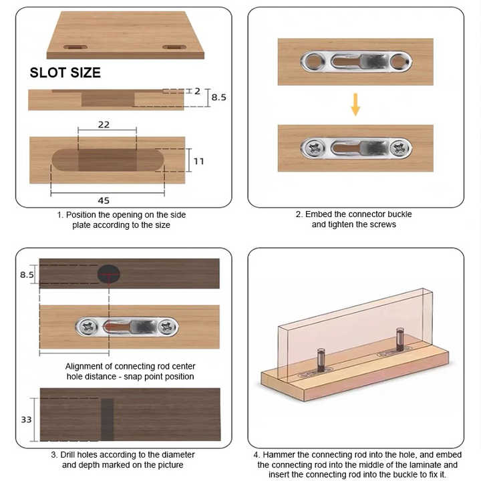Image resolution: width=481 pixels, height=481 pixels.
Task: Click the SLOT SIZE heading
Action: pyautogui.click(x=65, y=73)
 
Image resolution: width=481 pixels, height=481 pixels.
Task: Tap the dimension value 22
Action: pyautogui.click(x=104, y=124)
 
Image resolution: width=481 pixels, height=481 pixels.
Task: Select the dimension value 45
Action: pyautogui.click(x=104, y=200)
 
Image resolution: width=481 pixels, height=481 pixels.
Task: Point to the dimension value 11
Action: pyautogui.click(x=199, y=161)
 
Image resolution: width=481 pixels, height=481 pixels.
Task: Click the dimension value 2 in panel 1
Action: pyautogui.click(x=197, y=90)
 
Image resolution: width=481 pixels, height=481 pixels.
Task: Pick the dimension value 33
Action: pyautogui.click(x=25, y=420)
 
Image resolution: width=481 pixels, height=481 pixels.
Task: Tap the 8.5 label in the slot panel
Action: pyautogui.click(x=218, y=97)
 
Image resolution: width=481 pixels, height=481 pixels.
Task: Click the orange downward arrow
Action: pyautogui.click(x=355, y=104)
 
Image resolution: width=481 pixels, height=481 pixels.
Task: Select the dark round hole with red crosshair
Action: pyautogui.click(x=108, y=274)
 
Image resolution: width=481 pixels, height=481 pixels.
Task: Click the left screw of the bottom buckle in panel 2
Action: pyautogui.click(x=311, y=148)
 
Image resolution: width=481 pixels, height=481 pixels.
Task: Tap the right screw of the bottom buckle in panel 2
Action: pyautogui.click(x=399, y=148)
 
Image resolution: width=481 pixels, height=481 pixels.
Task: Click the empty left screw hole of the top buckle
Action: pyautogui.click(x=311, y=62)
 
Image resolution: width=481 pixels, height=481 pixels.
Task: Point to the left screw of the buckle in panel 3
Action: pyautogui.click(x=87, y=327)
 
